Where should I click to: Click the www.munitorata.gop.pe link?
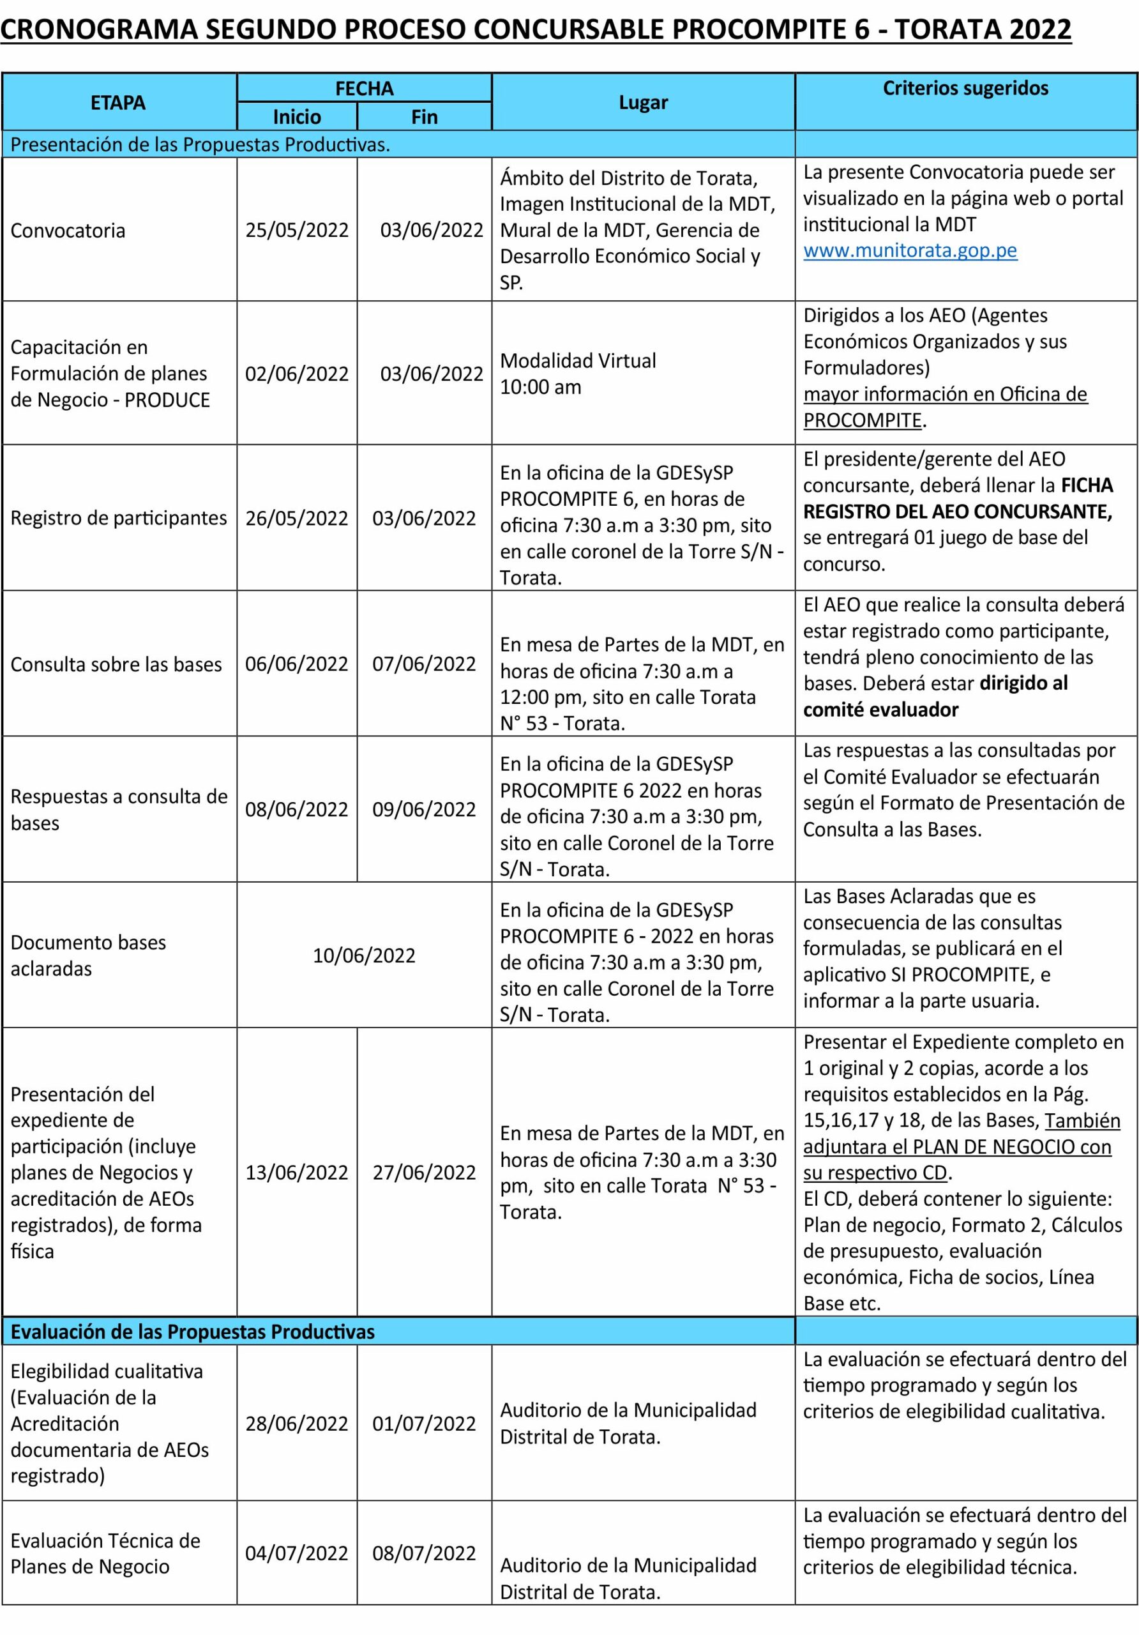910,250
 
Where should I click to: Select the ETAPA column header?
118,103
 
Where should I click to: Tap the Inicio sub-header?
297,117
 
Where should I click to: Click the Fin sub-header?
425,117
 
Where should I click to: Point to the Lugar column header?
643,103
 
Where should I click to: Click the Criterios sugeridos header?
965,88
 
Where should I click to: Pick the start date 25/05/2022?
297,231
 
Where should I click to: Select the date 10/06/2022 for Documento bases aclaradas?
364,955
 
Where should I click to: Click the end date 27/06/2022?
425,1172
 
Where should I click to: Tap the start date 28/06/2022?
297,1424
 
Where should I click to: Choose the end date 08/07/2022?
425,1553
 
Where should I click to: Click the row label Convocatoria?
68,231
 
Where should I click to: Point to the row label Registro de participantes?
118,518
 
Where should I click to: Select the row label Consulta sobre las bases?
116,664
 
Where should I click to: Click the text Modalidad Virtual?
578,361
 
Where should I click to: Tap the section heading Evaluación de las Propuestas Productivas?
192,1332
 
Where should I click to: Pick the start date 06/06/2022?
297,664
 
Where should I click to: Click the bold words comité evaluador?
880,710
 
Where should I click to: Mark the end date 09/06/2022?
425,810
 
